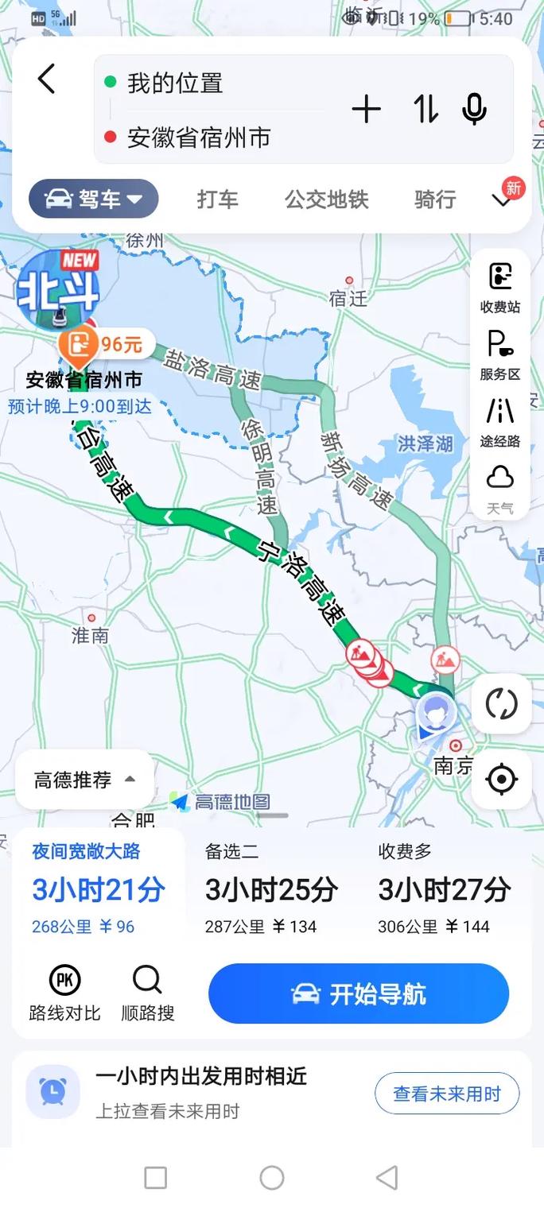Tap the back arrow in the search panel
click(47, 79)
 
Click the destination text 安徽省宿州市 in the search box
click(199, 138)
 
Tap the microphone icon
click(474, 109)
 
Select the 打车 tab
click(217, 199)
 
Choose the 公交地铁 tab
click(327, 199)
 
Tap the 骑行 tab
click(435, 199)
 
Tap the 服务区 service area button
click(499, 354)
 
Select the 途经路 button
click(499, 422)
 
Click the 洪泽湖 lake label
click(425, 443)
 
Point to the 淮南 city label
click(90, 635)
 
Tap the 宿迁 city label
click(348, 298)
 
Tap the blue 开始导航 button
click(359, 993)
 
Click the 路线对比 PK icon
click(65, 981)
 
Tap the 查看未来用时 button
click(447, 1094)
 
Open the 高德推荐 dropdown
click(84, 780)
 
